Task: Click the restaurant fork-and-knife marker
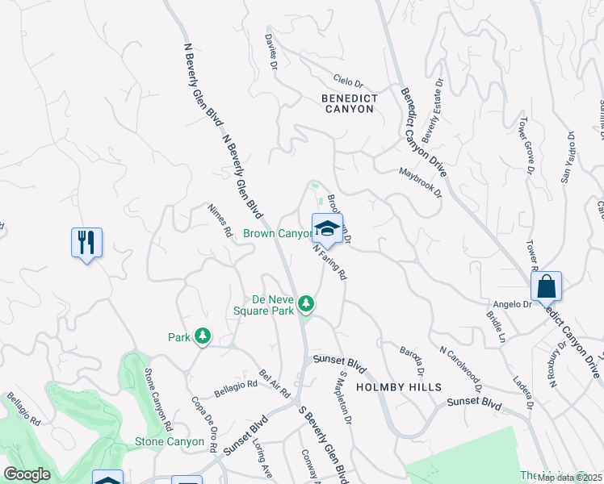click(86, 242)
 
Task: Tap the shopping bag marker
click(546, 286)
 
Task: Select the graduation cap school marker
click(327, 228)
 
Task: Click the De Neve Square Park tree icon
click(305, 303)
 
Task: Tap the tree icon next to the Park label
click(202, 336)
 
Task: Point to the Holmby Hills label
click(399, 387)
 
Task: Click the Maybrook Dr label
click(421, 182)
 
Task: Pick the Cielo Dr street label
click(349, 81)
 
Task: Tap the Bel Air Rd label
click(275, 384)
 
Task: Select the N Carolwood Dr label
click(460, 369)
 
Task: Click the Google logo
click(27, 474)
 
